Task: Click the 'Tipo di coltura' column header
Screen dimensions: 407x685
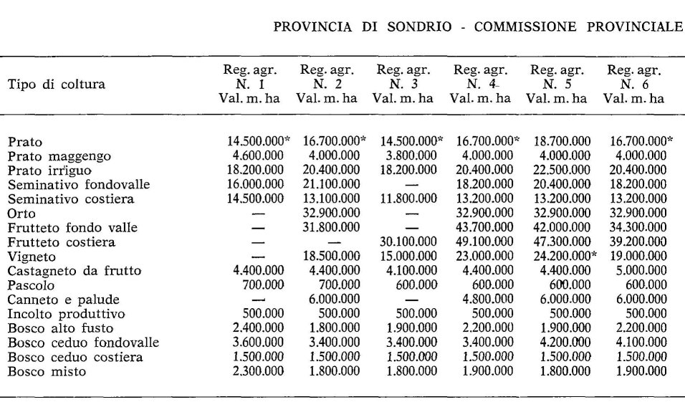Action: (x=56, y=85)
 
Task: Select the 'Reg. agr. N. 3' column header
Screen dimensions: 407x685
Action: (x=403, y=84)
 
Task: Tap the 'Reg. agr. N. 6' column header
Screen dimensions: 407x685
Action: (x=633, y=84)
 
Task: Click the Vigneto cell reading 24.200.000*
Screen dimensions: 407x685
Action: (x=563, y=256)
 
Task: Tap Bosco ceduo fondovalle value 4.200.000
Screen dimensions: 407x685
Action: (x=561, y=343)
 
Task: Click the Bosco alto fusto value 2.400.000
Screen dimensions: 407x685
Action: (x=257, y=328)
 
